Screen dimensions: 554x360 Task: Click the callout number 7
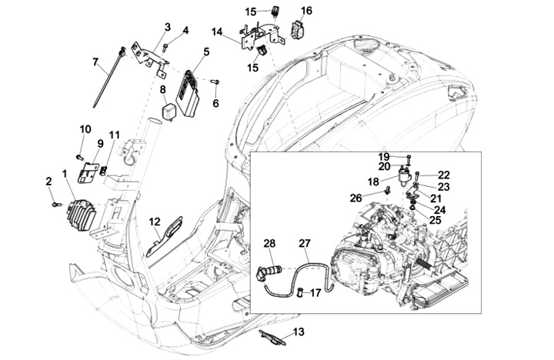tap(95, 62)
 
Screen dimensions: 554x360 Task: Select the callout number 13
tap(299, 332)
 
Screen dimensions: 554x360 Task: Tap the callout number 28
tap(269, 243)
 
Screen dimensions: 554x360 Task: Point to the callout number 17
tap(316, 293)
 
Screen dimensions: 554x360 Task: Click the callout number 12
tap(155, 222)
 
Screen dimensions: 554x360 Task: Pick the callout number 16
tap(307, 11)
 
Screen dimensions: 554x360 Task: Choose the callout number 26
tap(355, 198)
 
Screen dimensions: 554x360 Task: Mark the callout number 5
tap(206, 52)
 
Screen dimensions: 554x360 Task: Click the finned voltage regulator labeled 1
tap(82, 214)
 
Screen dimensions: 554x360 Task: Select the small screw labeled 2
tap(56, 204)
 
